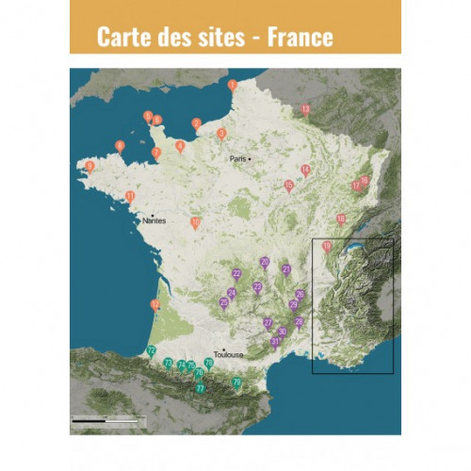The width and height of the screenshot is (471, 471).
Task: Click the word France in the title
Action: pos(300,37)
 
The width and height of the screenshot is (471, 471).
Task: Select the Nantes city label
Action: pos(154,220)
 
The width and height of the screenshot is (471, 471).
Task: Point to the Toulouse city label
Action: pos(228,354)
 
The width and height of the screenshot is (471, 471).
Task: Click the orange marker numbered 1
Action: pos(232,86)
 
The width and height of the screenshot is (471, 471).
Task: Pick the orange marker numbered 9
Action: pos(89,166)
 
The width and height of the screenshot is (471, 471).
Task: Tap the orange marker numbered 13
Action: pos(305,109)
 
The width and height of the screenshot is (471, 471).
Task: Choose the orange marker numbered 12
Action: pos(154,305)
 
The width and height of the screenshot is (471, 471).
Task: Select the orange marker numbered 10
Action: pos(195,223)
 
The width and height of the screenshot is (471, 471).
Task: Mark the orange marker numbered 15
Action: pos(288,186)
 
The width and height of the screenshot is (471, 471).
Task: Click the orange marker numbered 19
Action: pos(327,247)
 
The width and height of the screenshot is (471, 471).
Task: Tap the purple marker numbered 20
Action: pos(265,263)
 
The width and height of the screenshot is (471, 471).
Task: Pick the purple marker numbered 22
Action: pos(236,274)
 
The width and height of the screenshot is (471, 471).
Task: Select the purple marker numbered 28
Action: pos(299,323)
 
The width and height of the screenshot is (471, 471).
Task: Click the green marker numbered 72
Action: pos(151,350)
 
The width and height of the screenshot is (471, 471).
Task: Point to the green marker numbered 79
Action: pos(236,382)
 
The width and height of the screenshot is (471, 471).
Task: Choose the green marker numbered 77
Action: pos(200,388)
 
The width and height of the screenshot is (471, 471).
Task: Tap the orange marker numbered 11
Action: pos(129,196)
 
